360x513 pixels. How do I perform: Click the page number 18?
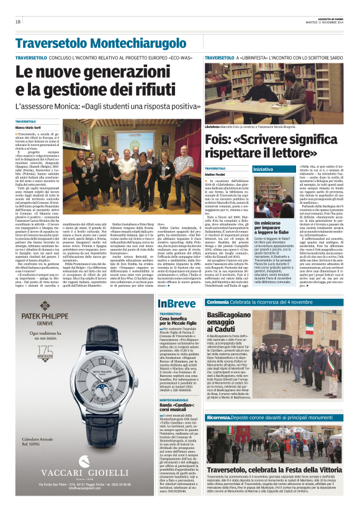[18, 22]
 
